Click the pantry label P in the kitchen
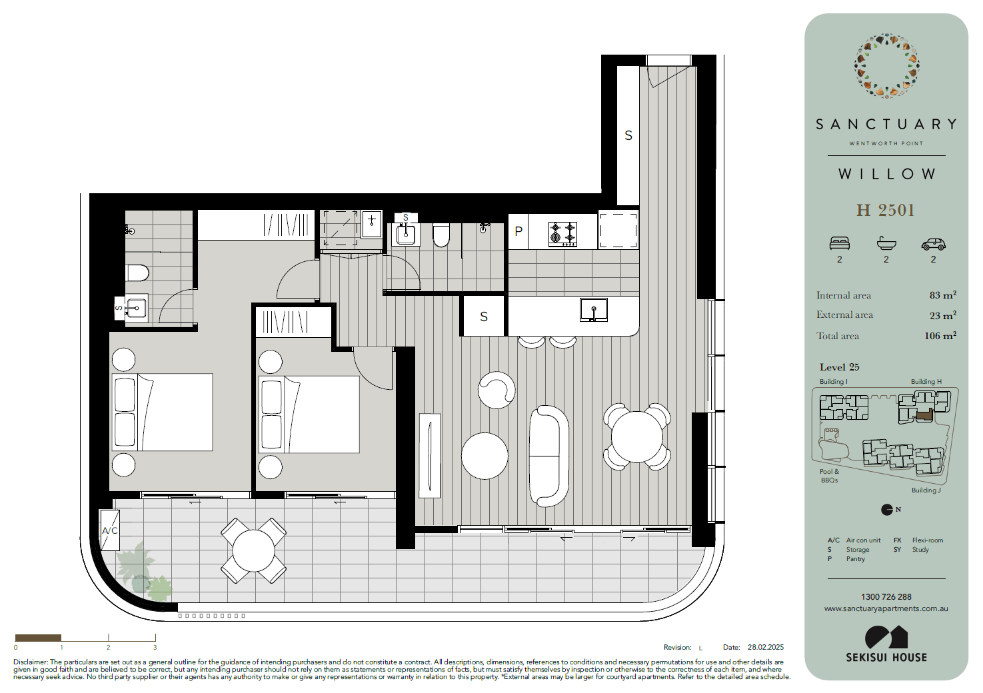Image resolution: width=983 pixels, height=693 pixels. tap(518, 231)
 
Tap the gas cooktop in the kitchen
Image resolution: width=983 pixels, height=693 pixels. tap(562, 234)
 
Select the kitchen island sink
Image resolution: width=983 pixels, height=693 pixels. tap(594, 309)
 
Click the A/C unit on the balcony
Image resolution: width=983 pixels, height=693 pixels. tap(110, 530)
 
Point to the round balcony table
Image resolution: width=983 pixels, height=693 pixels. tap(254, 551)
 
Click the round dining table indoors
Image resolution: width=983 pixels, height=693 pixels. tap(636, 436)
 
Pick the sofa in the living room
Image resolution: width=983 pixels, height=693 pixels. tap(549, 456)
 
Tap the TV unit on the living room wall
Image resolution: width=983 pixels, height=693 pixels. tap(429, 456)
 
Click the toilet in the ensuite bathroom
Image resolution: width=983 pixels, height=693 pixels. tap(137, 273)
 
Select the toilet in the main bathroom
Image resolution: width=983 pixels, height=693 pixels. tap(441, 236)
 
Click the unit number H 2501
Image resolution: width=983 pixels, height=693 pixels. tap(886, 210)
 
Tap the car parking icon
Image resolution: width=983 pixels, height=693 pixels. tap(934, 245)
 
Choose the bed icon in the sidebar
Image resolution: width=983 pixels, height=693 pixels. tap(840, 243)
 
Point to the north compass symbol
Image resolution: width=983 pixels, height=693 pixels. tap(887, 510)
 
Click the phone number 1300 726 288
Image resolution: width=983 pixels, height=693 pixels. tap(886, 597)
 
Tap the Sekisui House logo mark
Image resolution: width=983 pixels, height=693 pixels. tap(886, 637)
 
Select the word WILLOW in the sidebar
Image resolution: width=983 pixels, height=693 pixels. tap(886, 174)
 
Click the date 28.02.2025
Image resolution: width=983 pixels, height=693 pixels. tap(766, 647)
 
